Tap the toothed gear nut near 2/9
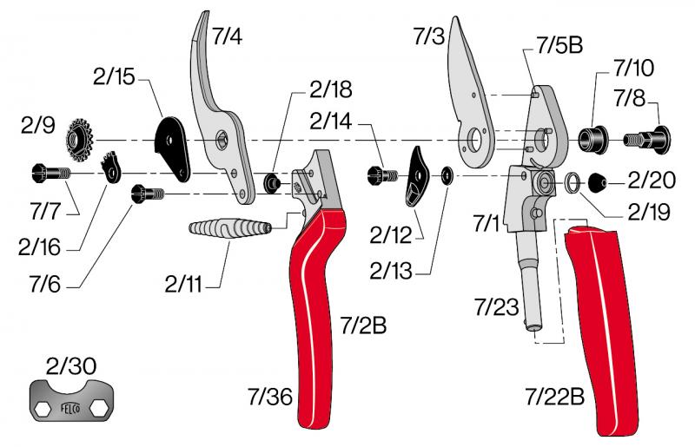(x=81, y=138)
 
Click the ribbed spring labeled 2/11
(x=231, y=232)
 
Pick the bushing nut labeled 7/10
(x=593, y=137)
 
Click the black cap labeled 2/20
(x=599, y=183)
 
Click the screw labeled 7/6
(x=142, y=194)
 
